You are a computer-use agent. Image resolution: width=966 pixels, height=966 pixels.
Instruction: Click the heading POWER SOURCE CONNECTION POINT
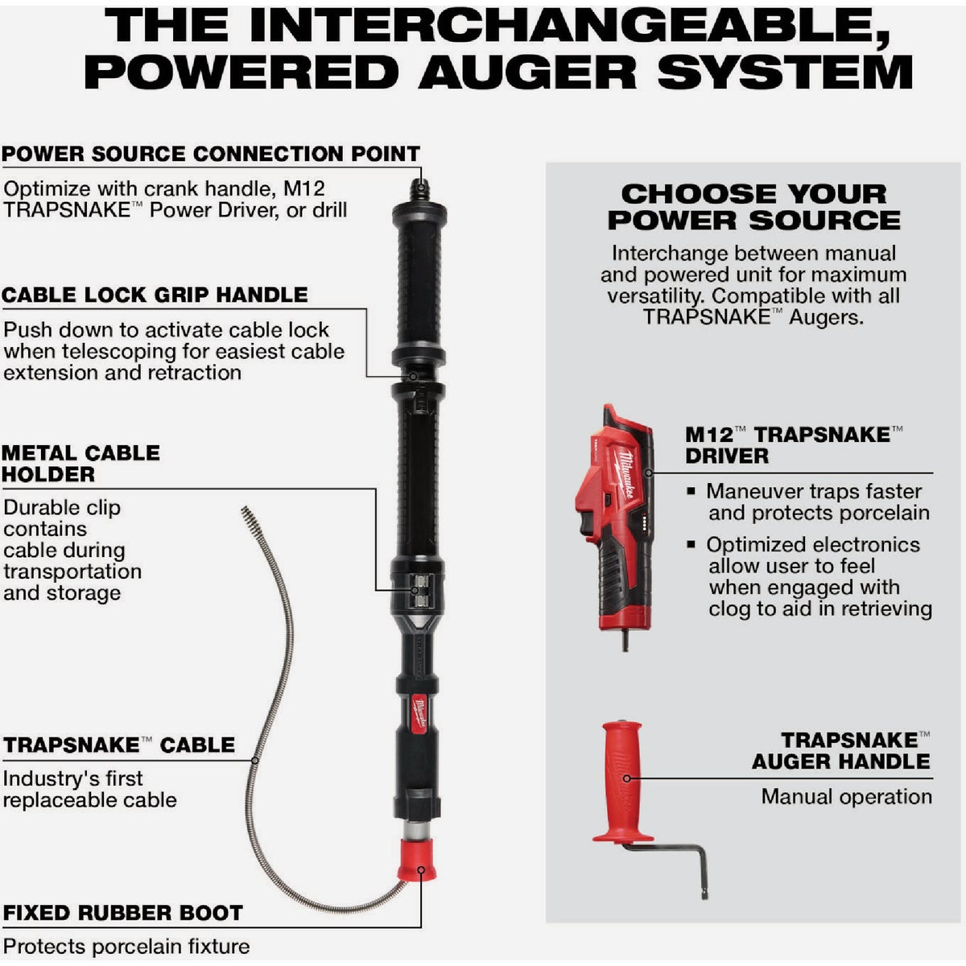[x=211, y=154]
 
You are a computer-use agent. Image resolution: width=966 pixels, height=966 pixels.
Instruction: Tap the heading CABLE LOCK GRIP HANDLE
[x=155, y=295]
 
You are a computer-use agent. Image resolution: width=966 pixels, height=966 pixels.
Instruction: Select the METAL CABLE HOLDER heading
[x=80, y=464]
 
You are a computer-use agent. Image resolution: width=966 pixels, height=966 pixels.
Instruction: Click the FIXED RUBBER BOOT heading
[x=123, y=914]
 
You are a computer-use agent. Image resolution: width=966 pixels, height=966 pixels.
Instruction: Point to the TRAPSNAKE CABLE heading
[x=119, y=745]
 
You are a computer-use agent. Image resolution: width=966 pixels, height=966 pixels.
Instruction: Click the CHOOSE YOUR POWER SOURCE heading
[x=754, y=207]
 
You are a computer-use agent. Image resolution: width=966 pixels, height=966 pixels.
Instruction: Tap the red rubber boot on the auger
[x=417, y=859]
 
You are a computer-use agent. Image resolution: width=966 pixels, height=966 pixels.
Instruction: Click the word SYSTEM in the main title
[x=786, y=72]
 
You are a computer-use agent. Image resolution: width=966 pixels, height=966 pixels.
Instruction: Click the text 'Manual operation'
[x=847, y=797]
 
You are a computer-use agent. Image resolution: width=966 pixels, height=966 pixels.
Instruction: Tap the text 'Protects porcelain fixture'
[x=126, y=947]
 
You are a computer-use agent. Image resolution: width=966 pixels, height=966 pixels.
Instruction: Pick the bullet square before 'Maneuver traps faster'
[x=691, y=491]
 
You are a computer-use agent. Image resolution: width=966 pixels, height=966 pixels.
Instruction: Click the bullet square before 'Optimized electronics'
[x=691, y=544]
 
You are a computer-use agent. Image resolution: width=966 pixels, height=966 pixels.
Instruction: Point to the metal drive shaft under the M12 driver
[x=625, y=641]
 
